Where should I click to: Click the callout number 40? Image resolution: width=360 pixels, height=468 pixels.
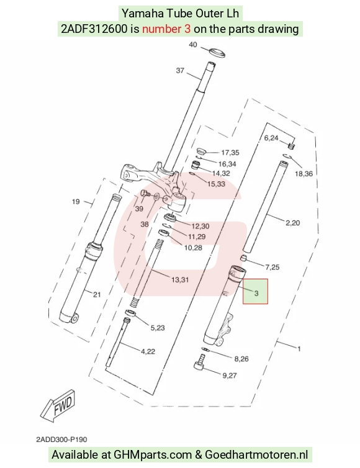tap(193, 45)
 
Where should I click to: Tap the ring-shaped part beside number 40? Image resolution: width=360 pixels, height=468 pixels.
tap(217, 52)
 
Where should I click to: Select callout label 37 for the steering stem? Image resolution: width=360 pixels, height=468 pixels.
tap(180, 70)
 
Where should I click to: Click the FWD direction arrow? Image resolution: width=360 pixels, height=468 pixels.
tap(58, 405)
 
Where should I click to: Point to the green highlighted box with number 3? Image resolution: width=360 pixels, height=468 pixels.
tap(255, 292)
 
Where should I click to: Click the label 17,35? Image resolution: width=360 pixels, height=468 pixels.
tap(230, 153)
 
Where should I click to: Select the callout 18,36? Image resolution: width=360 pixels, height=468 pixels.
tap(304, 173)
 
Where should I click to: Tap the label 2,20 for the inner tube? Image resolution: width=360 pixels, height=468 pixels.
tap(292, 223)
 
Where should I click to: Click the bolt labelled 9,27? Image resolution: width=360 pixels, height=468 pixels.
tap(200, 362)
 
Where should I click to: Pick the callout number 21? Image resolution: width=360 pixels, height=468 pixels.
tap(97, 295)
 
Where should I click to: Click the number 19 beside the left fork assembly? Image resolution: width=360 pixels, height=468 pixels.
tap(76, 202)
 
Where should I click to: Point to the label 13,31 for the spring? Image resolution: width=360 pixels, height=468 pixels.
tap(180, 280)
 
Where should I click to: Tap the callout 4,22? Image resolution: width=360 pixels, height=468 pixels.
tap(148, 351)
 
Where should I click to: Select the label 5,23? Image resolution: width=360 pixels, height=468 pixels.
tap(158, 328)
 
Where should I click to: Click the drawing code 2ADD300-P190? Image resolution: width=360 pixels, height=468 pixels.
tap(61, 439)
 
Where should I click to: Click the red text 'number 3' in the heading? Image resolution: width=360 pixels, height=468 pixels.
tap(166, 29)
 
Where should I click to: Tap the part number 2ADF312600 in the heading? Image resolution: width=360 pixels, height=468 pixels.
tap(94, 29)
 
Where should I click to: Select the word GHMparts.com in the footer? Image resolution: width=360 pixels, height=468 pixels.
tap(153, 454)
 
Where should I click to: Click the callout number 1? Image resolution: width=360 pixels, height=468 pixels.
tap(299, 348)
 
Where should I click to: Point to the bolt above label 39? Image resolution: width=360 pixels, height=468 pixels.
tap(145, 194)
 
